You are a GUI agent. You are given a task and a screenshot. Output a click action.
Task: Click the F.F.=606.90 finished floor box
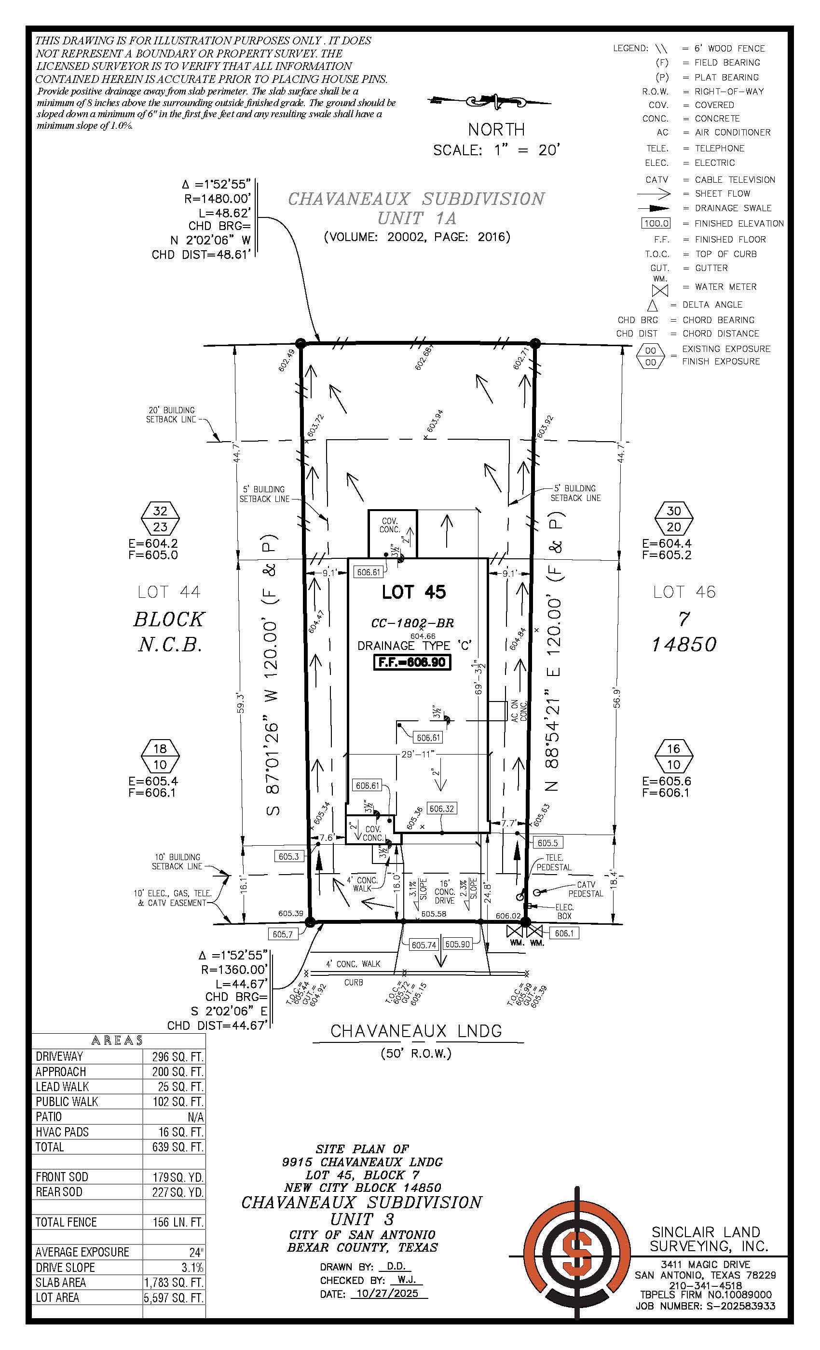point(412,662)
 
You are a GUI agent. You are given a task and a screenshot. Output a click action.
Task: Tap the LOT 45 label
point(414,592)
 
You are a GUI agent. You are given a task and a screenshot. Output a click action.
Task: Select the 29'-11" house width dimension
point(418,754)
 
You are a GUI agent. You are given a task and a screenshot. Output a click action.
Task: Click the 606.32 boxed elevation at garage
point(441,808)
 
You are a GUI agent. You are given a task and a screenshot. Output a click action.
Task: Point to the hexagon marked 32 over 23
point(160,518)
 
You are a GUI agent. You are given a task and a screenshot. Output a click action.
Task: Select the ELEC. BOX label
point(564,911)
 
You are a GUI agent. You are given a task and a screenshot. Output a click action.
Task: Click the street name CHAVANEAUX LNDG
point(416,1031)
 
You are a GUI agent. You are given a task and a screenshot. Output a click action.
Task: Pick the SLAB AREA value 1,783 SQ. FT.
point(174,1282)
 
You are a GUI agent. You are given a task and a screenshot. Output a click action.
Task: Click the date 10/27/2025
point(387,1293)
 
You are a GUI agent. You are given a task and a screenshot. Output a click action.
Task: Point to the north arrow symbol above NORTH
point(490,101)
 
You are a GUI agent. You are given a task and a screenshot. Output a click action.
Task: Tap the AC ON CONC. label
point(519,710)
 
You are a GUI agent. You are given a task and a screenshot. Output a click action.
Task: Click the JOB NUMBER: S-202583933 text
point(705,1306)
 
